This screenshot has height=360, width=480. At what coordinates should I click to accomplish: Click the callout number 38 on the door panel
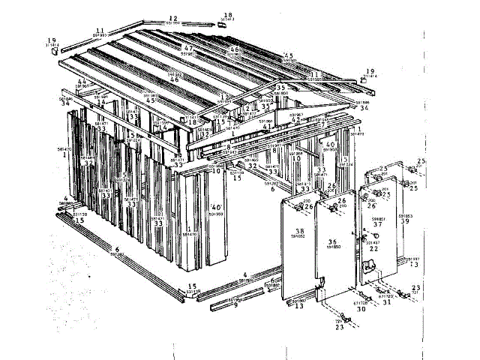pyautogui.click(x=299, y=231)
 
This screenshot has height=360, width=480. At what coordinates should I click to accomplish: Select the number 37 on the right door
pyautogui.click(x=378, y=223)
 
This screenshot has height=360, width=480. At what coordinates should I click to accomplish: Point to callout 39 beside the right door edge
pyautogui.click(x=406, y=221)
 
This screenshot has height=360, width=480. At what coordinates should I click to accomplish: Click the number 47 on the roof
pyautogui.click(x=188, y=49)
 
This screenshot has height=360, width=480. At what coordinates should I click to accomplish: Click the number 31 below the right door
pyautogui.click(x=387, y=302)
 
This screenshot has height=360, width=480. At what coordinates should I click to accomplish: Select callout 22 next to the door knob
pyautogui.click(x=373, y=249)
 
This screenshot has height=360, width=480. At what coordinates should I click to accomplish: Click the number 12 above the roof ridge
pyautogui.click(x=172, y=17)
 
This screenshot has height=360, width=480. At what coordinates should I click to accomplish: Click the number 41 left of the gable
pyautogui.click(x=265, y=127)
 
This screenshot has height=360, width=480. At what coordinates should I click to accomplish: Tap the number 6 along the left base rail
pyautogui.click(x=117, y=248)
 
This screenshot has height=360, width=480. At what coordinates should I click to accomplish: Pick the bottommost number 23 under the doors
pyautogui.click(x=339, y=328)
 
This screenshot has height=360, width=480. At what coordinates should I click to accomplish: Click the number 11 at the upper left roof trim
pyautogui.click(x=100, y=30)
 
